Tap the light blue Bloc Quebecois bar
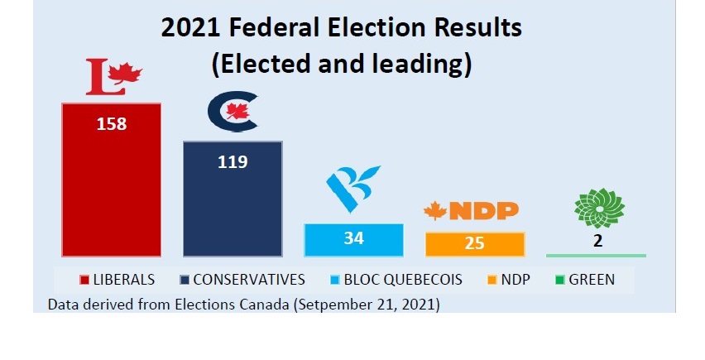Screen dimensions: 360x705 [353, 240]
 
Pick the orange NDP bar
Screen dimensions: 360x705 [475, 244]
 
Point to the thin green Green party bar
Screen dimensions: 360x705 [596, 255]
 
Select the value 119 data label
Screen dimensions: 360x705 [233, 161]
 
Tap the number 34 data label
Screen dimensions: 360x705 [353, 239]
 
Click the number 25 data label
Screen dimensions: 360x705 [475, 244]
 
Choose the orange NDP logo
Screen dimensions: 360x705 [471, 211]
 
